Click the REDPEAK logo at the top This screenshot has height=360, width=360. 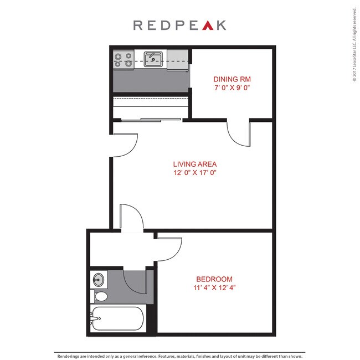coord(179,25)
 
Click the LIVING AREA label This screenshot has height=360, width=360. coord(194,164)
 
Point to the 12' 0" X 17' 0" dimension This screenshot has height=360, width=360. coord(194,173)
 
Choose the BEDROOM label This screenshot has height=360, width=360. coord(214,279)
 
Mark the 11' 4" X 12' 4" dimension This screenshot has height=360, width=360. coord(214,288)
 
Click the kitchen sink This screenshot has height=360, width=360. coord(153,59)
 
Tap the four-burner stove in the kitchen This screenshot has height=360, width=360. coord(123,59)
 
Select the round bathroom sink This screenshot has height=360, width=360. coord(99,279)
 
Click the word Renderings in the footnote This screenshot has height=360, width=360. coord(70,356)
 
